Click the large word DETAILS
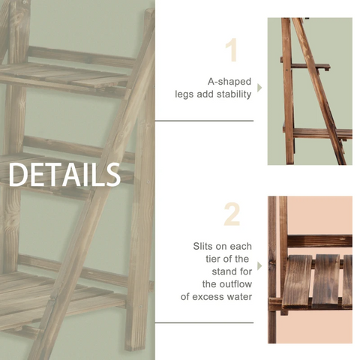click(64, 174)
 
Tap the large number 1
click(232, 50)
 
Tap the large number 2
click(232, 214)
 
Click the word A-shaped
click(229, 81)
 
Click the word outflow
click(234, 283)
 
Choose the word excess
click(208, 296)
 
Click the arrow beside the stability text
click(260, 88)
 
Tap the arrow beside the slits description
click(260, 265)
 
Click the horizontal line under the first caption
click(204, 120)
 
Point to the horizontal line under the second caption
click(204, 322)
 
